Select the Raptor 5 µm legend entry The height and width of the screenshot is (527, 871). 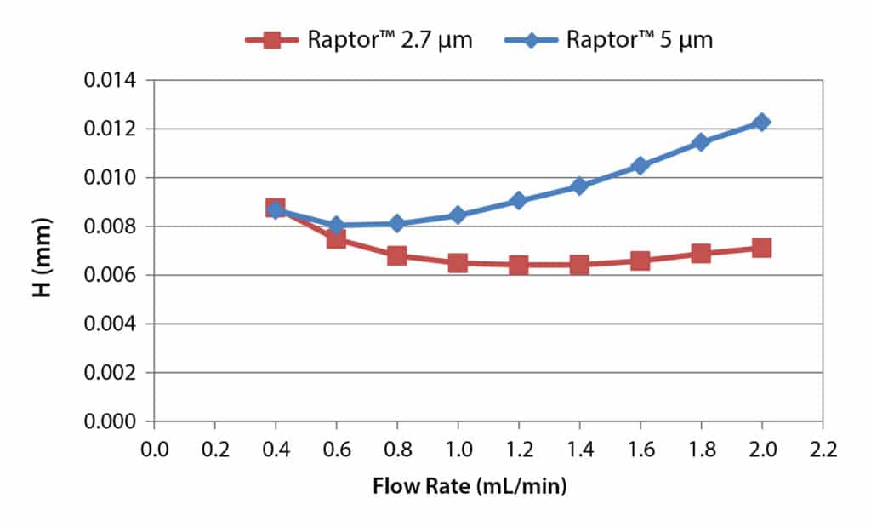point(608,40)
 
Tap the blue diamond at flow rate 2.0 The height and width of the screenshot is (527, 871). point(761,123)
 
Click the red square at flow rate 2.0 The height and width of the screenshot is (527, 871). point(761,248)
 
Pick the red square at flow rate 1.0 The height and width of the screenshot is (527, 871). point(458,263)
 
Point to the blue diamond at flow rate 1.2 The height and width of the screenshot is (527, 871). point(518,201)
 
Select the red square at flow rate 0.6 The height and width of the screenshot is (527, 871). point(336,239)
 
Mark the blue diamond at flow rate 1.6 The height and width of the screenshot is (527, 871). point(640,166)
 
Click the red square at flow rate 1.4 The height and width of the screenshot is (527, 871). point(579,265)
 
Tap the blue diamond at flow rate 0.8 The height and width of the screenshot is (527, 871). point(397,224)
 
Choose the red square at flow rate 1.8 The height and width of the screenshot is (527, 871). point(701,254)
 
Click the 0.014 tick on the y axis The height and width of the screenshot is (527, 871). point(110,81)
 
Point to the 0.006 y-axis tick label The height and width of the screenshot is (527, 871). point(110,276)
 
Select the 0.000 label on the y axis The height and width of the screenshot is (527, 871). point(110,422)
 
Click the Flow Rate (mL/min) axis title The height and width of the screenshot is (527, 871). point(470,488)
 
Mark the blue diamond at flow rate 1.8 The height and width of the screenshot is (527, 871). point(701,142)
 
